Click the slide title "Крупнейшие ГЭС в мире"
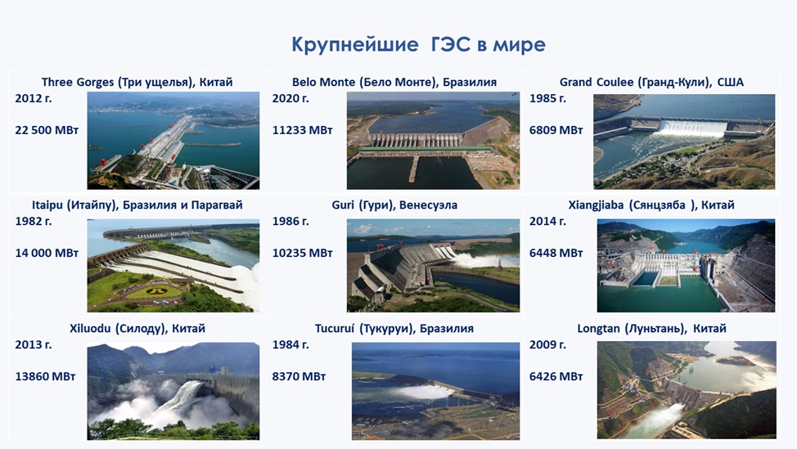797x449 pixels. coord(418,45)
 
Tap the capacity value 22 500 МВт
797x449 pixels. coord(47,130)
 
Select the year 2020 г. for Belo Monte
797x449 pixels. coord(290,98)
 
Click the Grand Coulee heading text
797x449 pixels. coord(651,83)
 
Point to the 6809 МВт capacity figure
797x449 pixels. coord(556,130)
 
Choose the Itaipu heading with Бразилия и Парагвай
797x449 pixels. coord(137,205)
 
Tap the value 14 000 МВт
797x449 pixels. coord(47,253)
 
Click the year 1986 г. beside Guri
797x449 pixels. coord(290,221)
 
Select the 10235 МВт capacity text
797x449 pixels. coord(303,253)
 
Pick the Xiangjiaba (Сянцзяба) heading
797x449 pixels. coord(651,205)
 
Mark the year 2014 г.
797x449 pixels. coord(547,221)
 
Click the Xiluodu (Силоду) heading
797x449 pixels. coord(137,329)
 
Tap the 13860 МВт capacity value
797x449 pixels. coord(45,376)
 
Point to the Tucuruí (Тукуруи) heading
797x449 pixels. coord(394,329)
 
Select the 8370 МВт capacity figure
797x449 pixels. coord(299,376)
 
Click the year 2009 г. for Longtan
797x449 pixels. coord(547,344)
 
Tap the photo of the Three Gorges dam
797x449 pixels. coord(173,140)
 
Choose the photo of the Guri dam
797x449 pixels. coord(433,265)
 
